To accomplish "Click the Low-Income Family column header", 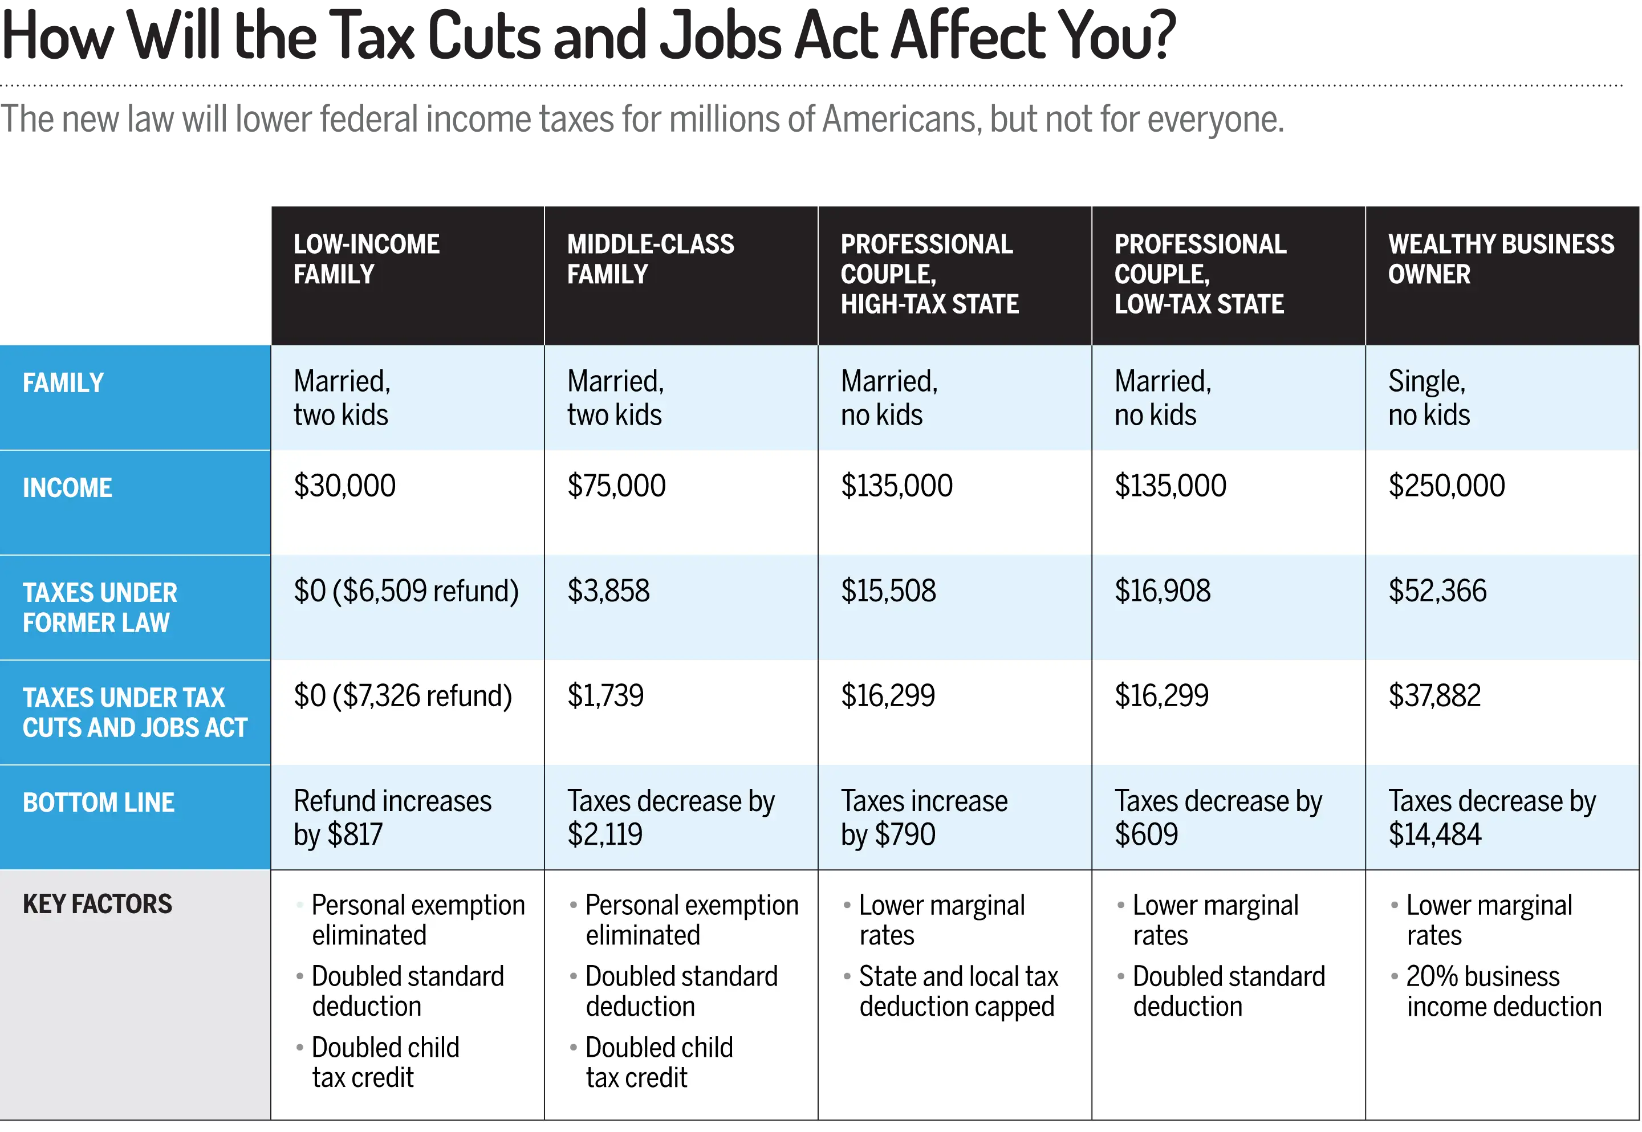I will tap(367, 259).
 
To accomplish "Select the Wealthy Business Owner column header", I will tap(1500, 259).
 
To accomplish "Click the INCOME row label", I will tap(67, 488).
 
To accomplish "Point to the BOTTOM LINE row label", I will tap(99, 803).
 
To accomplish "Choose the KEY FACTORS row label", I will tap(97, 905).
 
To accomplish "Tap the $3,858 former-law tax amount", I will tap(608, 592).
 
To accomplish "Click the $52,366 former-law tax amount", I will tap(1437, 592).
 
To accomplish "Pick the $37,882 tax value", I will tap(1434, 697).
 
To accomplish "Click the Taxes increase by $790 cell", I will tap(924, 818).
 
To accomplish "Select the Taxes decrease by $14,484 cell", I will tap(1491, 818).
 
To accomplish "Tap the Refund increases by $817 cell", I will tap(392, 818).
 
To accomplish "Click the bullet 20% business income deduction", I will tap(1503, 992).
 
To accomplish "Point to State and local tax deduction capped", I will tap(957, 992).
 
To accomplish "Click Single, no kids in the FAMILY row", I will tap(1429, 398).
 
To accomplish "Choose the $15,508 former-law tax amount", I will tap(888, 592).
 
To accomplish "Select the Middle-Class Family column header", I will tap(651, 259).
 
